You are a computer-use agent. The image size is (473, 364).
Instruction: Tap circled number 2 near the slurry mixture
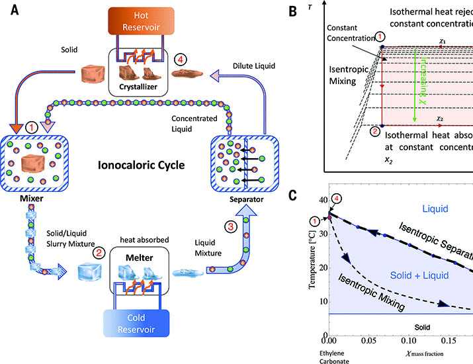click(x=98, y=252)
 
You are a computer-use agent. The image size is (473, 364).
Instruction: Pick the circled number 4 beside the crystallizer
click(x=180, y=59)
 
